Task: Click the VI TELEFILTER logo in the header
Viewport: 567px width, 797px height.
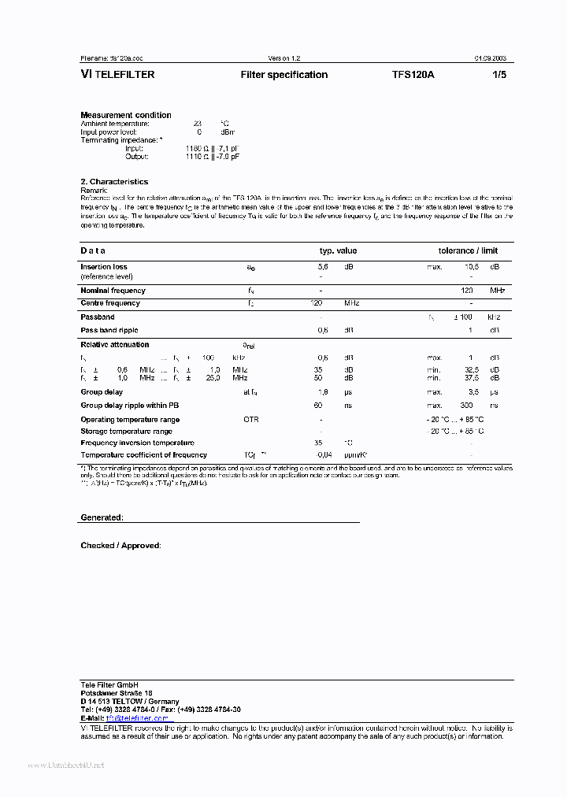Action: click(117, 75)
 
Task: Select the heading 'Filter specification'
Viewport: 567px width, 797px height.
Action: click(283, 75)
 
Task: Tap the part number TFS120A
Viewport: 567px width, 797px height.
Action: click(413, 75)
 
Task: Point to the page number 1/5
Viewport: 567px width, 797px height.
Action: click(499, 75)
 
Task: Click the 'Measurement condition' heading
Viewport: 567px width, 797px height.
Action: click(125, 115)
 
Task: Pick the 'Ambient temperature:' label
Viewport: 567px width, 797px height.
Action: click(115, 124)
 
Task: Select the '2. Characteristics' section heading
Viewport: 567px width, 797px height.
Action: click(114, 182)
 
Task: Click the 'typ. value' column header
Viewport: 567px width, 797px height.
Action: click(337, 250)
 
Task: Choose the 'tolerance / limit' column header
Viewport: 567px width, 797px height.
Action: click(468, 250)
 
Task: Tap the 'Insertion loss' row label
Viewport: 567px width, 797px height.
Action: click(103, 267)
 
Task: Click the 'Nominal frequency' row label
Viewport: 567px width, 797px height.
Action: click(113, 291)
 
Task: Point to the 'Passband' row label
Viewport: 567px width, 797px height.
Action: click(97, 317)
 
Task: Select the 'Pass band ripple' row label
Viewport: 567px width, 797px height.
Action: click(109, 331)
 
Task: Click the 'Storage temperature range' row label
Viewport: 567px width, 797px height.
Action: click(126, 432)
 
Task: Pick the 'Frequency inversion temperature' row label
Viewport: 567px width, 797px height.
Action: click(137, 443)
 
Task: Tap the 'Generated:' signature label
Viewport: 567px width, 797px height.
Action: click(102, 517)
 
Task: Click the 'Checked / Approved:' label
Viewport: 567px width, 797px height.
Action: click(120, 545)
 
